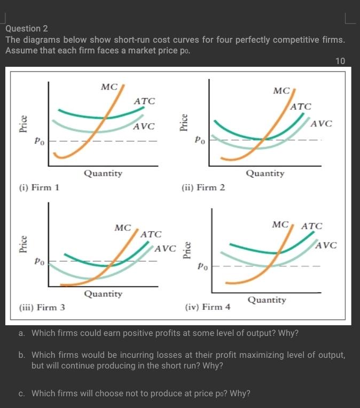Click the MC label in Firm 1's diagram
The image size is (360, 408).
click(x=109, y=87)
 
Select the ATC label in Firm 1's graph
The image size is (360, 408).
click(x=144, y=101)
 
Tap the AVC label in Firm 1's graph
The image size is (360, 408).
click(x=144, y=127)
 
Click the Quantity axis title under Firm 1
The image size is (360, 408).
click(x=103, y=173)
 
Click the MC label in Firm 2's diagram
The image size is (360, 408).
click(x=281, y=91)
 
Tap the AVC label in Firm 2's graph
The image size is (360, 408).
click(x=321, y=124)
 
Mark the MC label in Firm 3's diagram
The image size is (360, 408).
click(x=123, y=228)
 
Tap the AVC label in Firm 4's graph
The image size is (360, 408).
click(x=326, y=246)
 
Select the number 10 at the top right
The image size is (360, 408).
click(x=340, y=61)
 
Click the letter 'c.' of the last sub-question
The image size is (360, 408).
click(x=21, y=394)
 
